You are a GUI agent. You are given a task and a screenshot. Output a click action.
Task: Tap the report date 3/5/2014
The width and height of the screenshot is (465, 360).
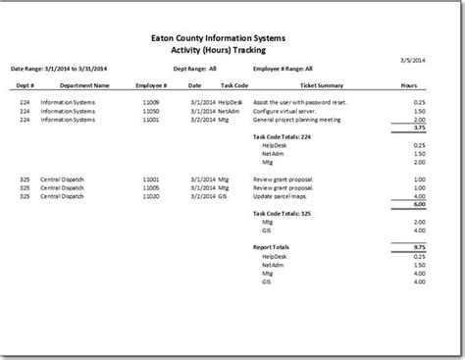pyautogui.click(x=415, y=61)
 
